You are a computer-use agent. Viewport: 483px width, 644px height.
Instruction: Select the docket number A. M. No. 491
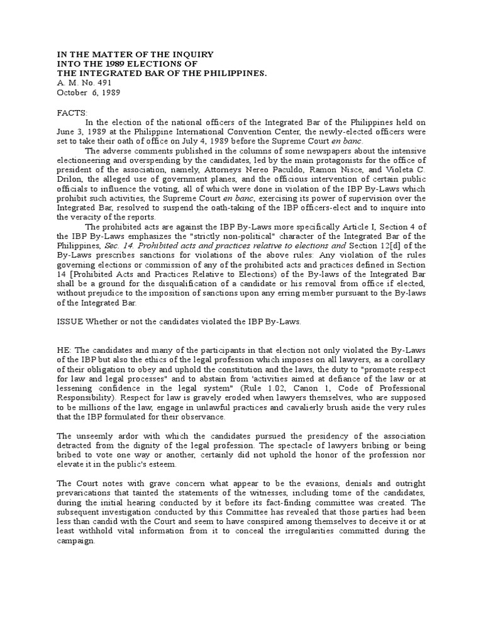coord(75,83)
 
